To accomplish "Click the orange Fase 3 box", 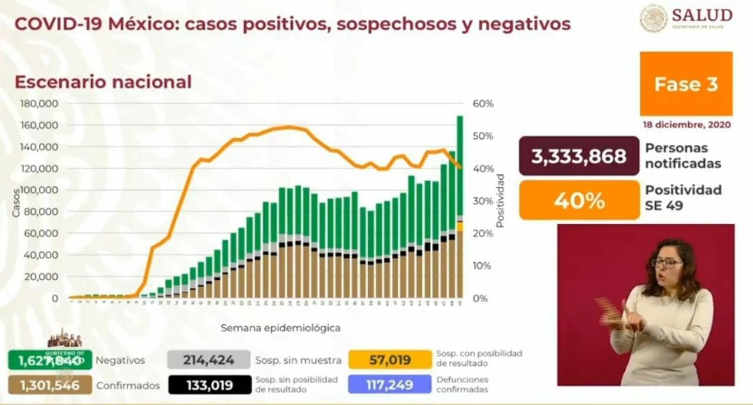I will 686,84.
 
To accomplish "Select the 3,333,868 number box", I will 578,156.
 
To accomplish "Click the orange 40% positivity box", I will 579,200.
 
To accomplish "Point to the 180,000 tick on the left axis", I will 40,104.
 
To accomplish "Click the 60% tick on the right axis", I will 483,104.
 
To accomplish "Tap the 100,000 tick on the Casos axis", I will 40,190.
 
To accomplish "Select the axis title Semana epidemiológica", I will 281,328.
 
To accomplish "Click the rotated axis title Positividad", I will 500,200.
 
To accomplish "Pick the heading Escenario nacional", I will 103,82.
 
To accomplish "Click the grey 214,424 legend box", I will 208,360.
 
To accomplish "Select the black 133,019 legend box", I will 208,386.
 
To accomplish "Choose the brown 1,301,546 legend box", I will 50,386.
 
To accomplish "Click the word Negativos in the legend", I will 120,360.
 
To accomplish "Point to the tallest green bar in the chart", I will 459,165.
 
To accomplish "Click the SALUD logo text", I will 702,15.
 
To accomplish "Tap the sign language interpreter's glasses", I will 667,263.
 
